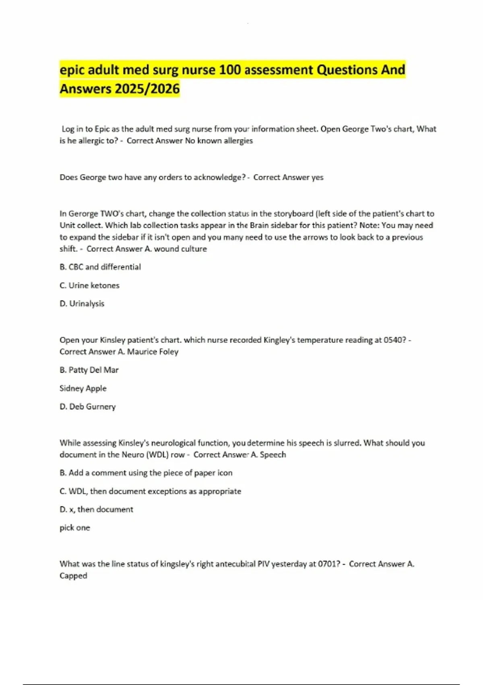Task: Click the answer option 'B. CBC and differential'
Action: point(100,267)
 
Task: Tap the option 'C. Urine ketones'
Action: point(89,285)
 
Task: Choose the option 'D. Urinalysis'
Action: point(82,303)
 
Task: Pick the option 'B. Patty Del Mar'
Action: point(89,370)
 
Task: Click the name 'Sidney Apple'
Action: point(83,388)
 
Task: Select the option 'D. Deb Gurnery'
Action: point(87,407)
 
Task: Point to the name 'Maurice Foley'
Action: point(153,352)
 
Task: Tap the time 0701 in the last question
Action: point(327,564)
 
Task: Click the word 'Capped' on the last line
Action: point(73,576)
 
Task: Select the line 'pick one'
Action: point(75,528)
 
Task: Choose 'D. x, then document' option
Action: point(96,509)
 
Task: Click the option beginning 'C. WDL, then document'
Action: point(150,491)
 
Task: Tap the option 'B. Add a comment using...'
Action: point(146,473)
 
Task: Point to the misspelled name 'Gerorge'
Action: point(83,214)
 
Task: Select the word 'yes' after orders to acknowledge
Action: point(317,177)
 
